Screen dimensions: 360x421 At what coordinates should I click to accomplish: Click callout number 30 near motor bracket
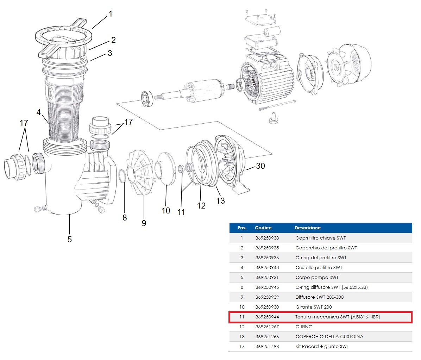260,166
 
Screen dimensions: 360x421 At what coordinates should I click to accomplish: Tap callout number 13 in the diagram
220,201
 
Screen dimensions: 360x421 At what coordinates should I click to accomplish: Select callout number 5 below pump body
69,240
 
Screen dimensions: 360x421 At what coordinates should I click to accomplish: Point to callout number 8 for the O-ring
125,218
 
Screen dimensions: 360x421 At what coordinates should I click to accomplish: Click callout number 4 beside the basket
38,112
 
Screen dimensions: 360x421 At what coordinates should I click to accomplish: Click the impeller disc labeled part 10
165,169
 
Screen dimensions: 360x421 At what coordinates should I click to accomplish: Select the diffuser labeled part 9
141,173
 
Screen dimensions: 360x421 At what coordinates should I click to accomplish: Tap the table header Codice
263,228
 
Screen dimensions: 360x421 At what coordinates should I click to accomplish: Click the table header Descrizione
307,228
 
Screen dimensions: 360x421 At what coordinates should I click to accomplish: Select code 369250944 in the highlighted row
267,317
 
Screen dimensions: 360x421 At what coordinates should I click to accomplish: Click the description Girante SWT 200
313,307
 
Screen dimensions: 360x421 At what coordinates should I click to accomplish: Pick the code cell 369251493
267,347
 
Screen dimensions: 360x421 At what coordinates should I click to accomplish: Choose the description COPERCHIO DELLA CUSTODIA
329,337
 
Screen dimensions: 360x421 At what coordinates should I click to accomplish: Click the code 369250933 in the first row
267,238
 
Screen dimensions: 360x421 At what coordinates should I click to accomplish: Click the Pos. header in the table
242,228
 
